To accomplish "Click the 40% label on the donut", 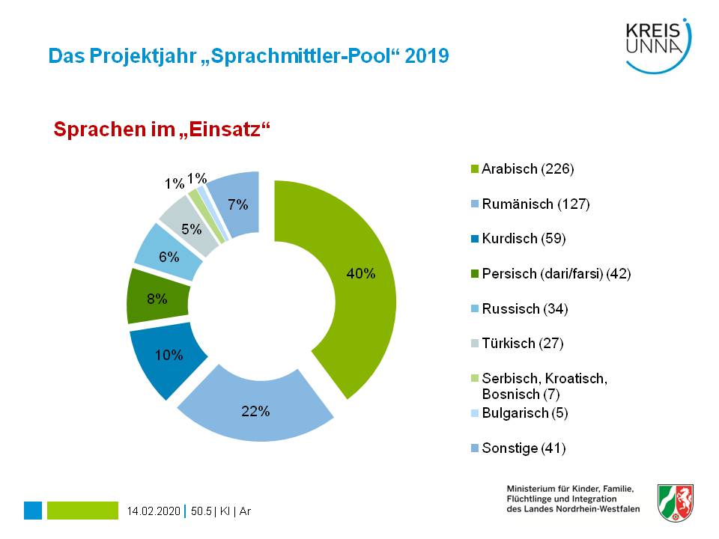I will [360, 274].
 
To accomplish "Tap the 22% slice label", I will [255, 411].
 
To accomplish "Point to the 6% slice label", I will [169, 256].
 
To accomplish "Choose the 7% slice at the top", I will [238, 204].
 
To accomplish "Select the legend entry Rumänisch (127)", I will [535, 204].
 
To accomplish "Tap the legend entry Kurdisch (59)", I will [523, 239].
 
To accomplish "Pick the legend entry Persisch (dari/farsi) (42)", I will [556, 274].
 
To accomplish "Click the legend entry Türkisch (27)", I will [521, 344].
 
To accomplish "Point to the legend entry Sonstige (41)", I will [523, 448].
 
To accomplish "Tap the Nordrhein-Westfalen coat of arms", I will [675, 502].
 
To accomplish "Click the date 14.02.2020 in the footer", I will [154, 511].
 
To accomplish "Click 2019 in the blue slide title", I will [427, 56].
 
